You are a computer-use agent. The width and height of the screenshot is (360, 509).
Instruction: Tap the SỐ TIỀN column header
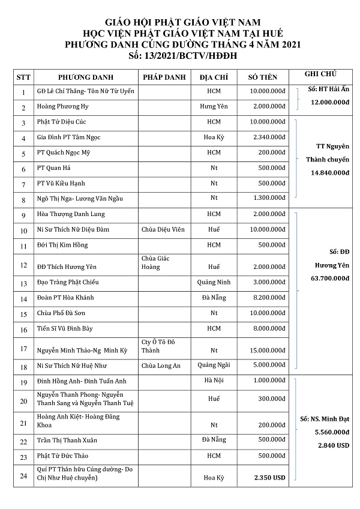point(266,77)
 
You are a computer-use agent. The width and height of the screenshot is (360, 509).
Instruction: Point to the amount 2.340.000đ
point(268,137)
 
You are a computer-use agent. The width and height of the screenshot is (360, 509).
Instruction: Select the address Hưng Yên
point(214,107)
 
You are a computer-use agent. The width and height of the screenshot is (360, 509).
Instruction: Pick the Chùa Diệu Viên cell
point(163,230)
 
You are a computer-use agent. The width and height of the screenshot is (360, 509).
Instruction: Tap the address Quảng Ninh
point(214,282)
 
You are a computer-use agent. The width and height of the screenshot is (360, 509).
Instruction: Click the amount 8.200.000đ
point(268,298)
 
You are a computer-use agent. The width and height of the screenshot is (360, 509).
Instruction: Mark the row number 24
point(23,477)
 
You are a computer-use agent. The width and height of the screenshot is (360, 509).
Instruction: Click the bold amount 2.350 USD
point(268,478)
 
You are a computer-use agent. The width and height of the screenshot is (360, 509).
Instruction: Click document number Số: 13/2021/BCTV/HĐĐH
point(179,54)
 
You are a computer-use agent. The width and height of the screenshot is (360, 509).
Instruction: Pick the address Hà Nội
point(214,381)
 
